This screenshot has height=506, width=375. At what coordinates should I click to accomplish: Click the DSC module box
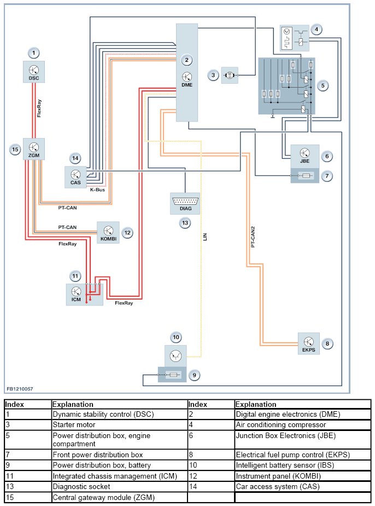click(34, 72)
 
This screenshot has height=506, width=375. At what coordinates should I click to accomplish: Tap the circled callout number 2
click(187, 60)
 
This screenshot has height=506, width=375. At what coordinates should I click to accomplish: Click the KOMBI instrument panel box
click(108, 233)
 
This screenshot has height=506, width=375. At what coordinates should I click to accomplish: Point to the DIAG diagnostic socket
click(186, 203)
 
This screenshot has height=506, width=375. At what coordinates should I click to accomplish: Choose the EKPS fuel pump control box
click(309, 344)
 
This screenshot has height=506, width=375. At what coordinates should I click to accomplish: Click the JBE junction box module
click(305, 156)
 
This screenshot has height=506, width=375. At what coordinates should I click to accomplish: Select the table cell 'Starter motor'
click(74, 424)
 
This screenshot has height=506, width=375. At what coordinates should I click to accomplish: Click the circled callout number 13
click(185, 222)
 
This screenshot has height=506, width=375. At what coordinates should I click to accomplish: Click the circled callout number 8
click(327, 343)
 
